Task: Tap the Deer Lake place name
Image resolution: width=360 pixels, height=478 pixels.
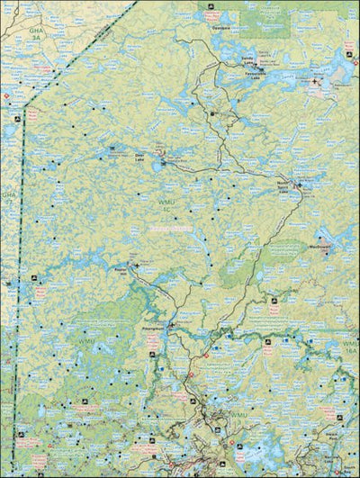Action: (139, 155)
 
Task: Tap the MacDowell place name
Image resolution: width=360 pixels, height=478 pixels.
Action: (320, 244)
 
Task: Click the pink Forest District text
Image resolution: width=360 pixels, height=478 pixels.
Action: (171, 229)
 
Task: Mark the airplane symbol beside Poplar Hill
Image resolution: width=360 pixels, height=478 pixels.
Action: (132, 265)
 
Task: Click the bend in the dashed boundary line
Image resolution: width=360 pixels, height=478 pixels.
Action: (24, 105)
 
